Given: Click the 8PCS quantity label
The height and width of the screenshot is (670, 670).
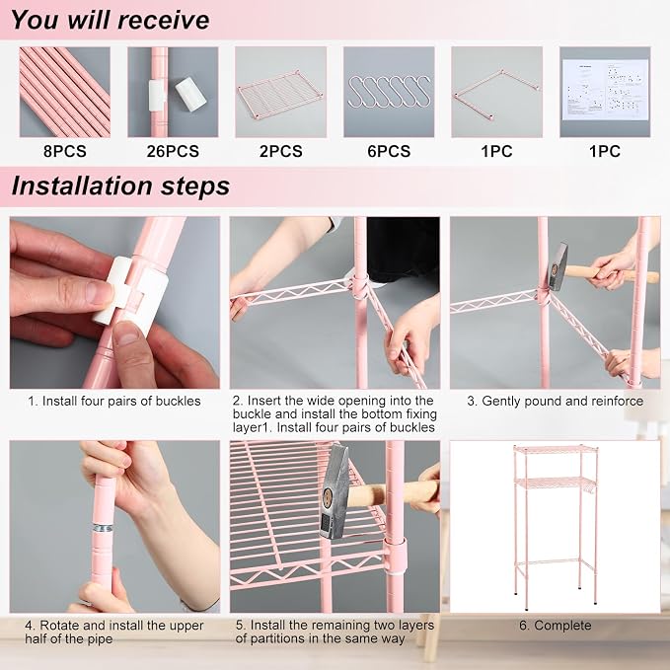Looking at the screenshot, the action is coord(64,151).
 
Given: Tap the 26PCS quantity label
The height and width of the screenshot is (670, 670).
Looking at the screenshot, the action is coord(173,151).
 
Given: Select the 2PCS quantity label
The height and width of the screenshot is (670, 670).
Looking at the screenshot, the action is coord(281,151).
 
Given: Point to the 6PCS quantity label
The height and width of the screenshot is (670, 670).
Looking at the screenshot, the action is coord(389,151).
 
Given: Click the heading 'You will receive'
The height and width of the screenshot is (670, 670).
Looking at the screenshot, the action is coord(111,20).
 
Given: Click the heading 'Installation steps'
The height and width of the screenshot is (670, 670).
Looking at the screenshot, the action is coord(120,186).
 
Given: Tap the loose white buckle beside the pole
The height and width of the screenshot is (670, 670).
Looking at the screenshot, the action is coord(190,94).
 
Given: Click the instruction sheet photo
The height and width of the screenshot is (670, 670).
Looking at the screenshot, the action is coord(605,90).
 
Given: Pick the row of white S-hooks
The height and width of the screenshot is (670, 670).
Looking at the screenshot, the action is coord(389,91).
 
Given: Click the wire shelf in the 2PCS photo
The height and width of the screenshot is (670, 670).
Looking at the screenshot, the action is coord(280,96).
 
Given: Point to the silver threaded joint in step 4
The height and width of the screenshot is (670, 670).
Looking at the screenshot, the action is coord(103,528).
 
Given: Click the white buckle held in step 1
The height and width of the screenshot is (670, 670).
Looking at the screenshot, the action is coord(130,294).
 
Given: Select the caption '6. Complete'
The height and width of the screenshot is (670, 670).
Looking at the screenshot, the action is coord(556,626).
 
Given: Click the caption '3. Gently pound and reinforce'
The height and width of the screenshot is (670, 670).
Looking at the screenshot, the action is coord(556,401).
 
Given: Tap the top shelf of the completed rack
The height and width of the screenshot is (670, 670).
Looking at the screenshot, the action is coord(556,449).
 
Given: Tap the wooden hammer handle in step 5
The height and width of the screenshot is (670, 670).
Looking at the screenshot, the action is coord(393,492).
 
